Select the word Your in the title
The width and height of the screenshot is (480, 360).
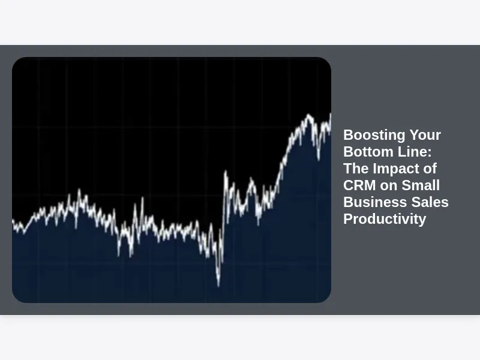click(425, 135)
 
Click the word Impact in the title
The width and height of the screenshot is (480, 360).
click(401, 169)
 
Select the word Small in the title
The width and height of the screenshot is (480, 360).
click(421, 185)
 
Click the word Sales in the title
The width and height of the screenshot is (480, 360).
click(430, 202)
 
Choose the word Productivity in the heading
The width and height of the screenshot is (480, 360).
click(385, 220)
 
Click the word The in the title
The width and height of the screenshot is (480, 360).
click(356, 169)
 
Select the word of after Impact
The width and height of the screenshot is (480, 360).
click(430, 169)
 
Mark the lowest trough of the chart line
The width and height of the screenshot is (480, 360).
click(218, 286)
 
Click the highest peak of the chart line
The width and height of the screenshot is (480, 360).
click(308, 115)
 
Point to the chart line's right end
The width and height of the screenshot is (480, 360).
click(331, 114)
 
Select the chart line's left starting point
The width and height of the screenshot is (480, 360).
click(13, 220)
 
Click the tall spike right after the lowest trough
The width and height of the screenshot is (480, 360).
click(226, 172)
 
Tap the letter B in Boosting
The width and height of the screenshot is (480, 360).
click(348, 135)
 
